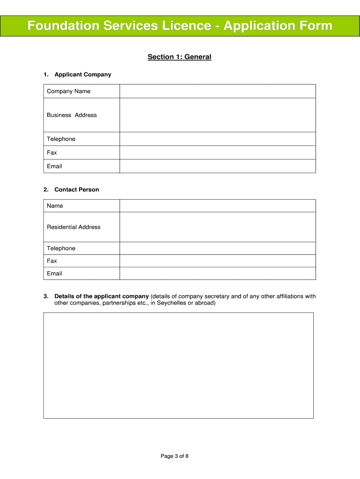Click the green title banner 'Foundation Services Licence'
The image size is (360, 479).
[x=180, y=25]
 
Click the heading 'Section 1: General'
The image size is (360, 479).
[x=180, y=57]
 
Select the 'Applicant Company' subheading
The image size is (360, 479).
[x=83, y=74]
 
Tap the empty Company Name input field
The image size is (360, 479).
[x=217, y=91]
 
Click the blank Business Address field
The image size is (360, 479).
[x=217, y=115]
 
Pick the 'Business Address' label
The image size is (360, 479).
[x=72, y=115]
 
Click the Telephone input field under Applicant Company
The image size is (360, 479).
[x=217, y=139]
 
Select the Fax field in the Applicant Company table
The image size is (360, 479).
[x=217, y=152]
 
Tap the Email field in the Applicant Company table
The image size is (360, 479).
[x=217, y=166]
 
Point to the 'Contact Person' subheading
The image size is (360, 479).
[x=77, y=189]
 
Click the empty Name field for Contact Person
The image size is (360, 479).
[x=217, y=206]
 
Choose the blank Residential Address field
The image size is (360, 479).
[x=217, y=227]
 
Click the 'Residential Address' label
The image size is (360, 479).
[x=73, y=227]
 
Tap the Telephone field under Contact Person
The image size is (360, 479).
[x=217, y=248]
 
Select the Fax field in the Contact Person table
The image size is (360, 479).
[x=217, y=261]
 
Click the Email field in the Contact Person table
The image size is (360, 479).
[x=217, y=273]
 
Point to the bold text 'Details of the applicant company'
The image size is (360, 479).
[x=101, y=296]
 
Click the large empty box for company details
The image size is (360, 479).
[x=178, y=365]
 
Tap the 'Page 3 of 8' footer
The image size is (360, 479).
[x=174, y=456]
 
